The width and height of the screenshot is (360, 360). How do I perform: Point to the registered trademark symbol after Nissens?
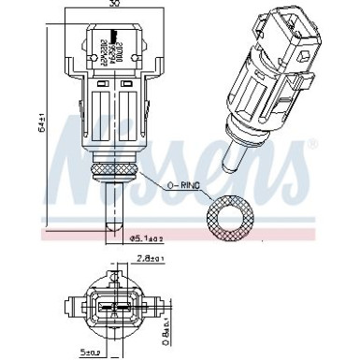click(x=311, y=143)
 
